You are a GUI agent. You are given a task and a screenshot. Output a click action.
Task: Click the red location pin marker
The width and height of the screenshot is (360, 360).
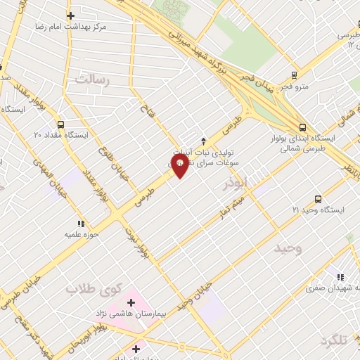point(179,165)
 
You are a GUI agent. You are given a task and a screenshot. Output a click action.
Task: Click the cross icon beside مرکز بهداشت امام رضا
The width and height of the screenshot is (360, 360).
point(70,15)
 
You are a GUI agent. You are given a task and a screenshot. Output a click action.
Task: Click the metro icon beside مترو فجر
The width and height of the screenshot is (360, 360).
point(295,74)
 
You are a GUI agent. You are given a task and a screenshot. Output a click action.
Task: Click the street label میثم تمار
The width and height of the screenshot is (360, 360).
point(232,202)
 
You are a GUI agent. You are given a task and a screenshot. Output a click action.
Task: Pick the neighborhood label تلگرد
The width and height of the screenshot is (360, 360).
point(334,340)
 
